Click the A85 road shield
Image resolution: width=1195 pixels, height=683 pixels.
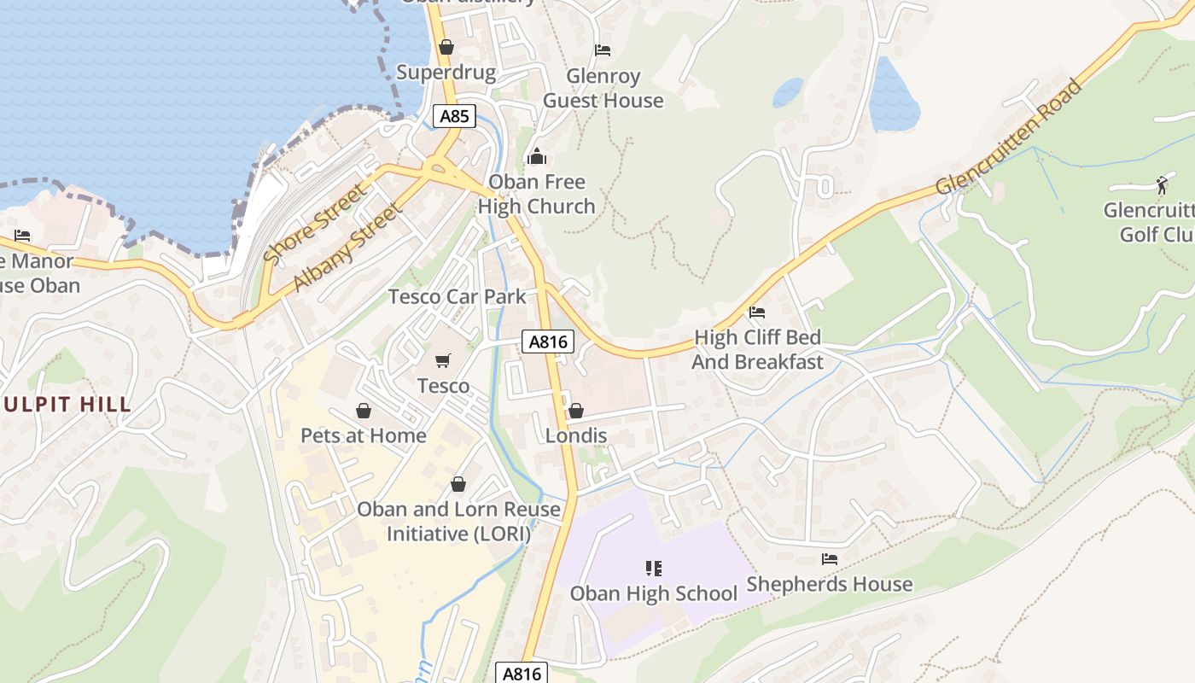pos(453,116)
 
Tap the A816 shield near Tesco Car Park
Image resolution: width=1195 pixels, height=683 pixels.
pos(547,342)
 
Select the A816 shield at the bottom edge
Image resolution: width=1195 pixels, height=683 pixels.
pos(522,673)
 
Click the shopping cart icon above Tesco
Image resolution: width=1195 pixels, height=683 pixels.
pos(442,361)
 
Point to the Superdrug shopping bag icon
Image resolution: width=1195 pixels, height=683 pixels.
pos(446,47)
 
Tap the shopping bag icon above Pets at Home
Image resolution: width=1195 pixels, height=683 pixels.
pos(364,411)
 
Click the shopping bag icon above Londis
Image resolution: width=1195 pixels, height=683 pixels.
pos(576,411)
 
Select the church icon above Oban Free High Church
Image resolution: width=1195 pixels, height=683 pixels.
pos(536,156)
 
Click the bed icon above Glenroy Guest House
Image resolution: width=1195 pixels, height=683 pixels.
pos(603,50)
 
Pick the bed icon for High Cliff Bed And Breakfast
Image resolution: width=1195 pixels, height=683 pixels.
pos(757,312)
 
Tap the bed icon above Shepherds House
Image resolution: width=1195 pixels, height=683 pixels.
pos(829,559)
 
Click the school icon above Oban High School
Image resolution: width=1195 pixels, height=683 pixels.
pos(654,568)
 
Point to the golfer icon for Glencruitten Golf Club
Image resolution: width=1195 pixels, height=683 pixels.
pos(1161,184)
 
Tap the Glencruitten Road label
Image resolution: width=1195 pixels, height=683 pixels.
pos(1009,137)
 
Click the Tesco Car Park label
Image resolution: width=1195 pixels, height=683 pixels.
pos(458,296)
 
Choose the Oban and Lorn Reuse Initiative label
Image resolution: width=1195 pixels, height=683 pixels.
pos(458,522)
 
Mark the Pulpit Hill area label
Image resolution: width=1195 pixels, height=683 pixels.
pos(67,405)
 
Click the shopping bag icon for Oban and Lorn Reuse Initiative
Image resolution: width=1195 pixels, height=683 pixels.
pos(458,484)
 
